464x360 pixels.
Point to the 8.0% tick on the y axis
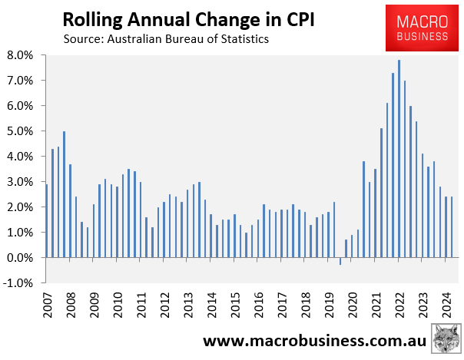(20, 55)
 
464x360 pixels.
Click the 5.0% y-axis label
(20, 131)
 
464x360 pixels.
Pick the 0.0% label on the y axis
(20, 258)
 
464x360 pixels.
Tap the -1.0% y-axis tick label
(18, 283)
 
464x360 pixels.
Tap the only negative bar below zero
(340, 261)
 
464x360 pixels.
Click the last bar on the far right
(452, 227)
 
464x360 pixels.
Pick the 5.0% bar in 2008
(64, 194)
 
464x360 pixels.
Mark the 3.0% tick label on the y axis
(20, 182)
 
